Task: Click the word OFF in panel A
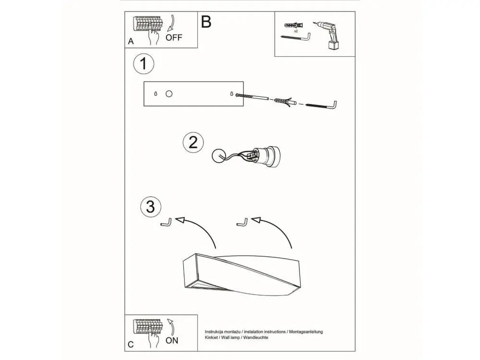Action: pyautogui.click(x=174, y=37)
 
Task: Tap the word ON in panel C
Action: pyautogui.click(x=172, y=340)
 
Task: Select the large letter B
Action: pyautogui.click(x=206, y=22)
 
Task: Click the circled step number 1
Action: pyautogui.click(x=144, y=64)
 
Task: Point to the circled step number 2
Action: pyautogui.click(x=193, y=143)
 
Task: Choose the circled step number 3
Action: pyautogui.click(x=151, y=206)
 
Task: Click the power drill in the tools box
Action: pyautogui.click(x=328, y=35)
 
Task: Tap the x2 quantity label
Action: pyautogui.click(x=296, y=31)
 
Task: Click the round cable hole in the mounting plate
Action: pyautogui.click(x=169, y=94)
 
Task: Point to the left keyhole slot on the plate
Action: pyautogui.click(x=156, y=94)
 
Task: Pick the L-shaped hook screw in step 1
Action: pyautogui.click(x=321, y=105)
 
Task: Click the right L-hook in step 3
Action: pyautogui.click(x=242, y=222)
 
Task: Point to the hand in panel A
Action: pyautogui.click(x=154, y=36)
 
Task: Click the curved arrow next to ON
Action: pyautogui.click(x=171, y=327)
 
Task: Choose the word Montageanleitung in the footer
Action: pyautogui.click(x=306, y=332)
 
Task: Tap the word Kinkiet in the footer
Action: pyautogui.click(x=211, y=337)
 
